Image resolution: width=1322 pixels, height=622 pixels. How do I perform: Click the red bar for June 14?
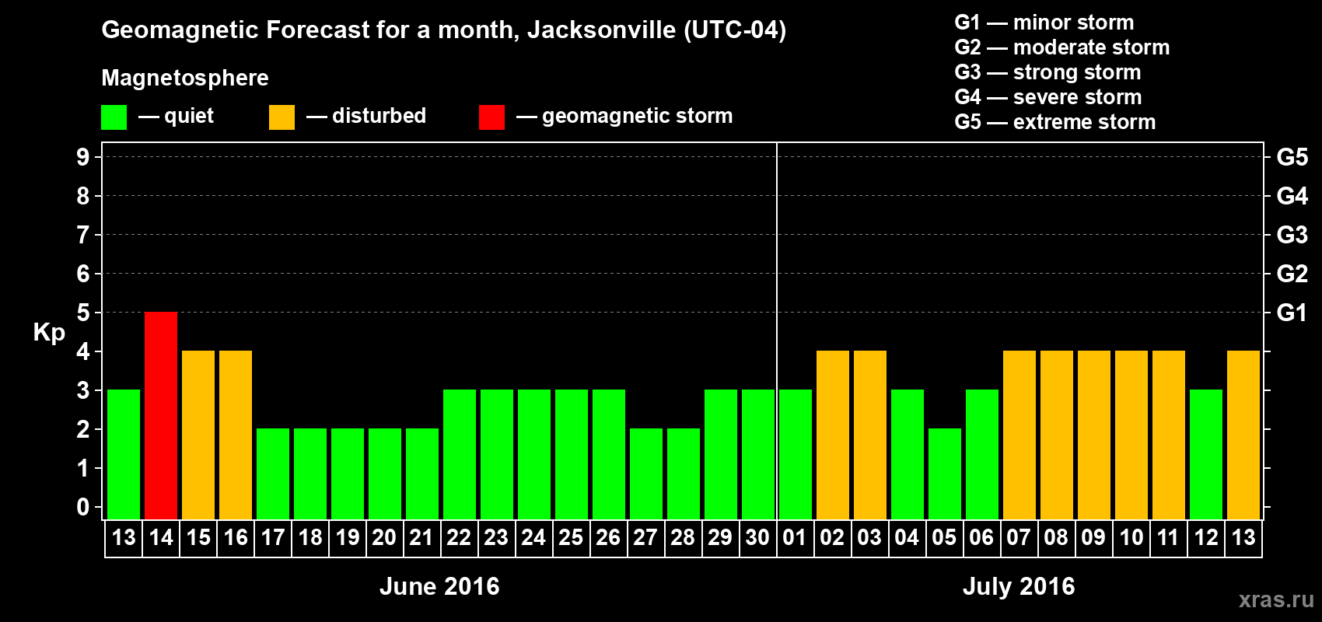161,415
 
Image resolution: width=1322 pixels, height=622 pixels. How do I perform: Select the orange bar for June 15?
198,435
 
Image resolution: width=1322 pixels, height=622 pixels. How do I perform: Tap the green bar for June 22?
460,454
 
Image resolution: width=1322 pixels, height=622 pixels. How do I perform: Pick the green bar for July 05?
945,473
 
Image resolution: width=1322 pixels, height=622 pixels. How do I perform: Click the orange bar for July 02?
833,435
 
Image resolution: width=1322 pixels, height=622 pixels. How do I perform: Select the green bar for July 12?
1206,454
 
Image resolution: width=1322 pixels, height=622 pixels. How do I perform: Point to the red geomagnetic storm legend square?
491,117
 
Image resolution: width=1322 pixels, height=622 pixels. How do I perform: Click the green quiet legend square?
114,117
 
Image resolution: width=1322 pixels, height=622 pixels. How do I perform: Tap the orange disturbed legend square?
282,117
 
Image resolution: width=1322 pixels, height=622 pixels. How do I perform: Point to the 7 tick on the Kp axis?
83,235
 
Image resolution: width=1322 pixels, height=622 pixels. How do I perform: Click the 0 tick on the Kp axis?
83,508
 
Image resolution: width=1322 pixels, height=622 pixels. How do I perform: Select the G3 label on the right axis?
1292,235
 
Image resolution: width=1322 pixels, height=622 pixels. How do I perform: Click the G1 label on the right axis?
1292,313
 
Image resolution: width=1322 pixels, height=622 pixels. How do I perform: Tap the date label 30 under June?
757,538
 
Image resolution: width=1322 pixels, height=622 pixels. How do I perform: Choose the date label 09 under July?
1093,538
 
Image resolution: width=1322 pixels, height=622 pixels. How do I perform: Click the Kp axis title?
49,333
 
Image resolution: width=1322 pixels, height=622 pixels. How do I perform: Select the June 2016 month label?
439,586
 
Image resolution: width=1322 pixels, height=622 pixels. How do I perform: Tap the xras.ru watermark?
1276,599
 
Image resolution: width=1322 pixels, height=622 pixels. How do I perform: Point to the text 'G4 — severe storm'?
1047,97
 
